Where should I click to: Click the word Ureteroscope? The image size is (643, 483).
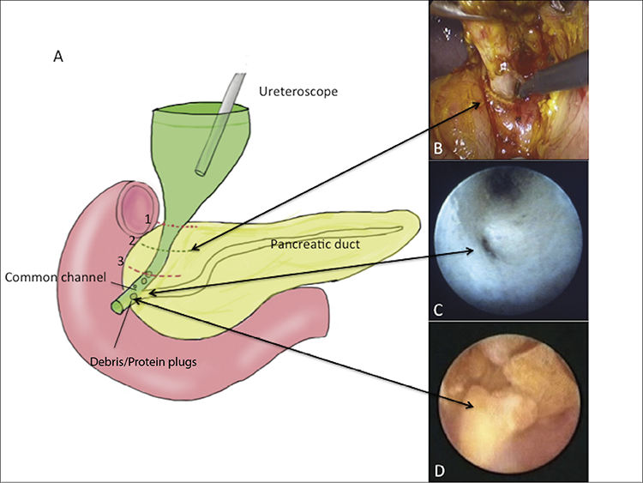coord(298,91)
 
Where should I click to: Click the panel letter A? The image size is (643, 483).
coord(58,57)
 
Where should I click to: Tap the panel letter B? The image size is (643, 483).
coord(438,148)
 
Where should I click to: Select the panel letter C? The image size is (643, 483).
coord(438,310)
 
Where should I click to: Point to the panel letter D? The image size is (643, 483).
coord(439,471)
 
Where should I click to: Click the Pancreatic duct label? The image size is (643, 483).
coord(315,245)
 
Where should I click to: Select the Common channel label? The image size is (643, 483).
coord(56,277)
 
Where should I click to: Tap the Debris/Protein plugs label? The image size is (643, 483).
coord(143,362)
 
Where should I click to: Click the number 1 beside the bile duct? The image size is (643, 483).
coord(148,220)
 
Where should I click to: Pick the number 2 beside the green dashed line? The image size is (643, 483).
coord(132,240)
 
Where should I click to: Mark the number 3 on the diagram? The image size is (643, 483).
coord(121,261)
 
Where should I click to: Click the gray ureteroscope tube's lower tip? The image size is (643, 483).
coord(200,171)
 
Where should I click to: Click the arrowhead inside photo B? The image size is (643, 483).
coord(477,104)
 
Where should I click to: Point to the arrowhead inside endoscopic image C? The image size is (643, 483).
coord(471,251)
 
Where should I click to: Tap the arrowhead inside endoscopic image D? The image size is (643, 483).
coord(470,406)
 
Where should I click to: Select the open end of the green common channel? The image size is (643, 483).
coord(116,307)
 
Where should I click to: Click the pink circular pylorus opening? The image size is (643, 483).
coord(135,209)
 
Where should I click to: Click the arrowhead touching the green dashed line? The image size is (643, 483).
coord(195,247)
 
